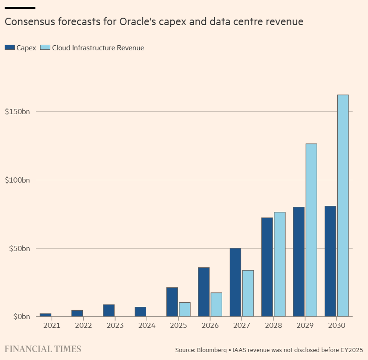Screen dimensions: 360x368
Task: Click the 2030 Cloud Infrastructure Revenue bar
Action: [343, 205]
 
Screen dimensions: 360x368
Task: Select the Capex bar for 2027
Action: [235, 282]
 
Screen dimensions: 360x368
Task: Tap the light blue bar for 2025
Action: [184, 309]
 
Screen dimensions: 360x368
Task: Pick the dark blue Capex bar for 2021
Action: [46, 315]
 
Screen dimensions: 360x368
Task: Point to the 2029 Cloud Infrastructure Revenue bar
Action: [311, 230]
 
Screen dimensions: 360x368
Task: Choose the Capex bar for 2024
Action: [140, 312]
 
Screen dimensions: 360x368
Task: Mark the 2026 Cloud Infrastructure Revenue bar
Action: [216, 305]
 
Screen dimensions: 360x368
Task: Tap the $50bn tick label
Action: [20, 248]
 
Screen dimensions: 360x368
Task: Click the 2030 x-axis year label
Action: [336, 326]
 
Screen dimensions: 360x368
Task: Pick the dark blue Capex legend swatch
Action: [10, 48]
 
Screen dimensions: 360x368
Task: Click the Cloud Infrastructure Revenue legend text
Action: [98, 48]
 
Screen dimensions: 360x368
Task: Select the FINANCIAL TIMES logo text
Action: [43, 349]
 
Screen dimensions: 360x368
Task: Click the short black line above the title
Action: [20, 8]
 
